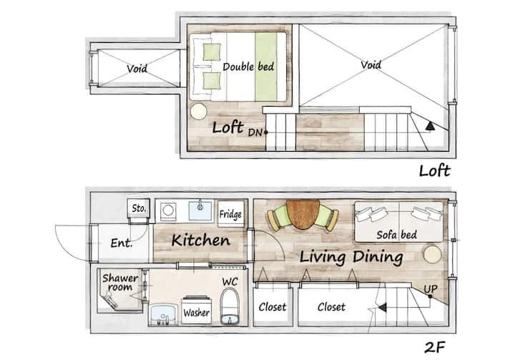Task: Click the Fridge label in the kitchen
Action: (x=230, y=215)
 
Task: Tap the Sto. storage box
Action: (x=139, y=208)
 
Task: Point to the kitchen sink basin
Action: (x=200, y=210)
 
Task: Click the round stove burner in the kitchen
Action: (x=168, y=210)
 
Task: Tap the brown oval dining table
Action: (x=303, y=215)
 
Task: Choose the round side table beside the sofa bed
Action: (x=433, y=255)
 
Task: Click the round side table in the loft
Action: (x=198, y=112)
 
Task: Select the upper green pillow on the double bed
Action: (x=212, y=52)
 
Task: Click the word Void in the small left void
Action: (x=137, y=69)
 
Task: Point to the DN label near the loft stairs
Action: (x=255, y=132)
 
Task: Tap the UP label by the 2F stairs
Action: (x=431, y=288)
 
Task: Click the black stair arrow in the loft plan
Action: (x=430, y=126)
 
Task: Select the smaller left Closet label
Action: (x=273, y=307)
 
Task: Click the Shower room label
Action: (x=120, y=283)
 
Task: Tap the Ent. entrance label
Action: (x=122, y=243)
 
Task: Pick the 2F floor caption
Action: (x=435, y=347)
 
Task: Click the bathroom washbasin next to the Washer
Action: (x=164, y=313)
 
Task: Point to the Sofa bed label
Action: (x=397, y=235)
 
